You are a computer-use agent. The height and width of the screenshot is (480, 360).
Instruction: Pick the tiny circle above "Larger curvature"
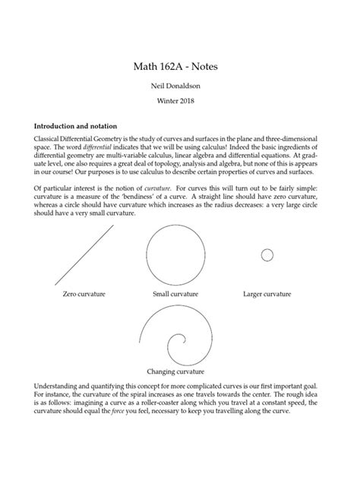click(267, 255)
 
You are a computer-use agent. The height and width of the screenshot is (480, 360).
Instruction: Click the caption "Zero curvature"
click(84, 293)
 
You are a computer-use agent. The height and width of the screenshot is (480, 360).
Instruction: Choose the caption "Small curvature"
click(175, 293)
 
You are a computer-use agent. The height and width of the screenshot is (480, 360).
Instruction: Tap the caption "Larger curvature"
click(267, 293)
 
